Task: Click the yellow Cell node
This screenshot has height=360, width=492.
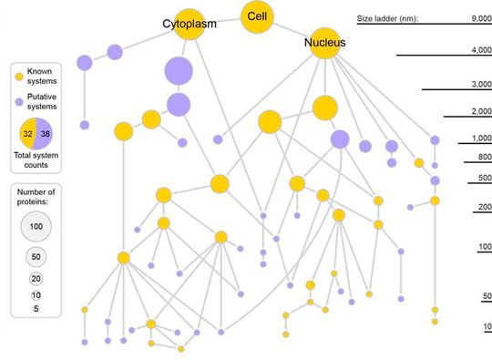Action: [x=256, y=17]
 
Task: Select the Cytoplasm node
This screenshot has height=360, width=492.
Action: [x=189, y=24]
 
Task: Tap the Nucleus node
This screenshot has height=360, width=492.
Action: [x=325, y=43]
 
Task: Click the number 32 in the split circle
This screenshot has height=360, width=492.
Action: [x=28, y=133]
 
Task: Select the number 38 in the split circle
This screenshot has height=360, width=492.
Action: [x=45, y=133]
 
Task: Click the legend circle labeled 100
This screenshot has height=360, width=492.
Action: [x=36, y=225]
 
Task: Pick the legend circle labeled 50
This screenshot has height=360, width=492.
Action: [x=36, y=256]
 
